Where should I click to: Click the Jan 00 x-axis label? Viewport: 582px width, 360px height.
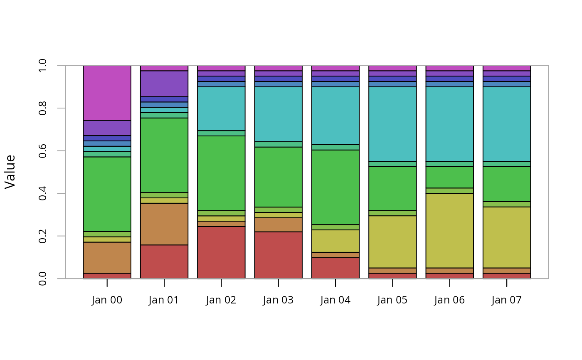click(107, 300)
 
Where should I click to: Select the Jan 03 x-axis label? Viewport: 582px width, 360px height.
click(278, 300)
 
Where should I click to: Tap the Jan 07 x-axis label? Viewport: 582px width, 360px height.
click(506, 300)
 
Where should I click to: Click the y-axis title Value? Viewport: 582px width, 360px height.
click(10, 172)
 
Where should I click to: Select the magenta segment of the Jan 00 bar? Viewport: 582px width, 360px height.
click(107, 93)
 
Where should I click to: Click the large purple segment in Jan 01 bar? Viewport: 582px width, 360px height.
click(164, 84)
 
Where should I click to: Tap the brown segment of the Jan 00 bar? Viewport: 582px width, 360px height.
click(107, 255)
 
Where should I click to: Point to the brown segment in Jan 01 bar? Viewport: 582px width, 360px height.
click(164, 224)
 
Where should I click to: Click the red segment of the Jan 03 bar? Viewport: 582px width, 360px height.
click(278, 255)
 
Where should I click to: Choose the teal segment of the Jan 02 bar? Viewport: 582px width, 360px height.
click(221, 108)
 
